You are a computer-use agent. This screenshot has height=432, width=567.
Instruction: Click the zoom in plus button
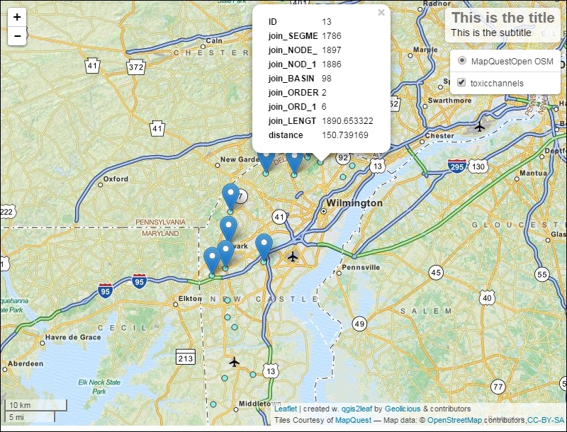(x=17, y=17)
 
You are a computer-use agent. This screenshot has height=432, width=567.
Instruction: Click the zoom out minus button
(x=17, y=35)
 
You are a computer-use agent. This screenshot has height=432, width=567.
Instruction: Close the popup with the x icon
(x=381, y=12)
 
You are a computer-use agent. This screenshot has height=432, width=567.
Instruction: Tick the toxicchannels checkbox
(x=461, y=83)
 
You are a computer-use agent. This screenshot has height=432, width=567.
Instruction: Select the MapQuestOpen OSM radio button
(x=461, y=61)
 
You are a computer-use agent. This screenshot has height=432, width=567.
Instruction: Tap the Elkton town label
(x=190, y=299)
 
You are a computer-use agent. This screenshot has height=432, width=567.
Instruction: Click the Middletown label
(x=259, y=403)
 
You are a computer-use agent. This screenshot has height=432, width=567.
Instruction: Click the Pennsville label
(x=361, y=267)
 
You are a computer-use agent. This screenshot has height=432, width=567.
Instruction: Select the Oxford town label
(x=116, y=179)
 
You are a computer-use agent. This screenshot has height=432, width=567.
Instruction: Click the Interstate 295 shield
(x=457, y=166)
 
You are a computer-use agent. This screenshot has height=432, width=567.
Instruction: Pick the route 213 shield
(x=186, y=358)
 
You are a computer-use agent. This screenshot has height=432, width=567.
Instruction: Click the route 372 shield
(x=136, y=67)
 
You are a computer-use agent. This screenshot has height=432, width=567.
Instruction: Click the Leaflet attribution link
(x=286, y=409)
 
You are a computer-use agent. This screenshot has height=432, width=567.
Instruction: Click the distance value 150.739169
(x=345, y=135)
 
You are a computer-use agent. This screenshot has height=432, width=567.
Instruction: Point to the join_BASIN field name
(x=291, y=78)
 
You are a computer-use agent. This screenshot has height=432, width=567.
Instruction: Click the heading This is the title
(x=503, y=18)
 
